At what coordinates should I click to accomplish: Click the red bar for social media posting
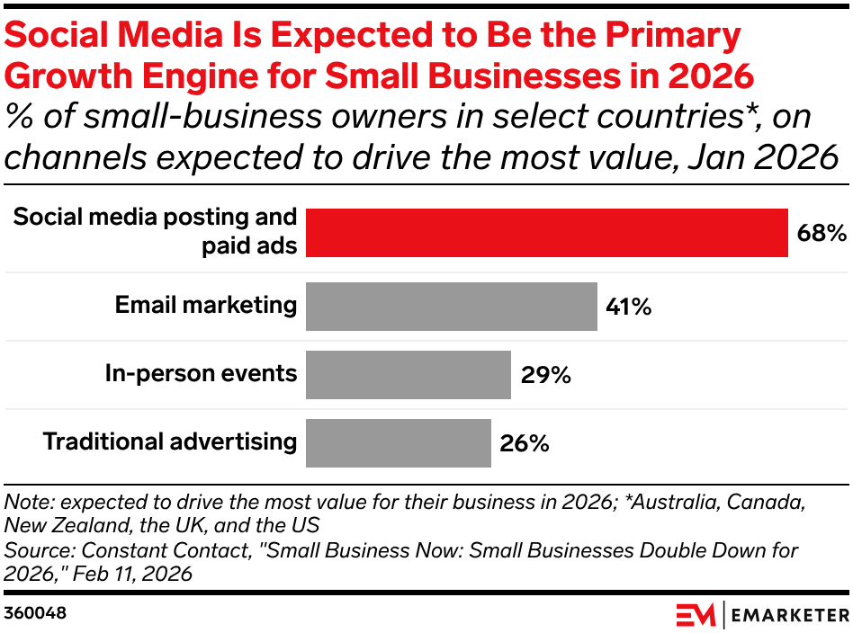point(547,232)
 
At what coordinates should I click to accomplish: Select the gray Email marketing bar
point(451,307)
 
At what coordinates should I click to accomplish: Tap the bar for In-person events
point(409,374)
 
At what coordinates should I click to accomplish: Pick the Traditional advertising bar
point(399,442)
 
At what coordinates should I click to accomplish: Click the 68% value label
point(822,233)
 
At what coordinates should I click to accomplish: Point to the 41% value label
point(628,307)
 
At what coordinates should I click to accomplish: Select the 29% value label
point(546,375)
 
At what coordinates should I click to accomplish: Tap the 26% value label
point(524,442)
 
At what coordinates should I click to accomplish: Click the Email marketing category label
point(206,305)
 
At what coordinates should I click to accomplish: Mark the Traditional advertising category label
point(170,441)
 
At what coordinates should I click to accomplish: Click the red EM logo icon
point(696,615)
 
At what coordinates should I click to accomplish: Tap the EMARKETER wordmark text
point(789,615)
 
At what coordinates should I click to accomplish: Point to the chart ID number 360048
point(35,613)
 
